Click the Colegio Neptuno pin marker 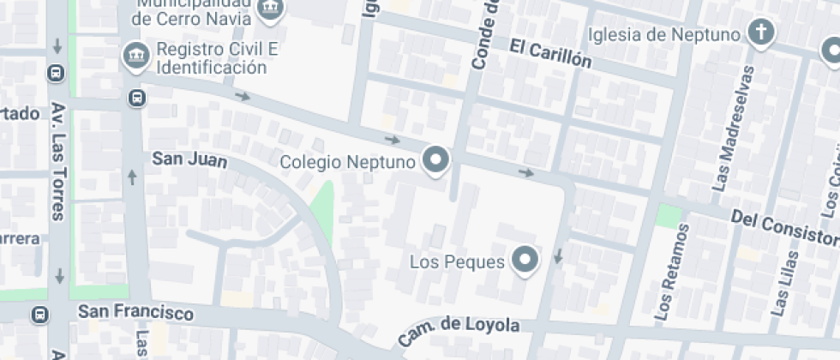coord(437,160)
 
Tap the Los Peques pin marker coord(525,260)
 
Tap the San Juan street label coord(189,159)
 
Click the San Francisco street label coord(135,313)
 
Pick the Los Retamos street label coord(671,273)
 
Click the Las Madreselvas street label coord(734,129)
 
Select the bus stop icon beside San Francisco coord(39,315)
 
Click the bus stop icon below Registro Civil coord(136,98)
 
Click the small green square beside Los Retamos coord(669,215)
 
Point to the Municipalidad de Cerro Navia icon coord(272,7)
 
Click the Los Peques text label coord(457,261)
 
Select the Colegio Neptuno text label coord(348,161)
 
